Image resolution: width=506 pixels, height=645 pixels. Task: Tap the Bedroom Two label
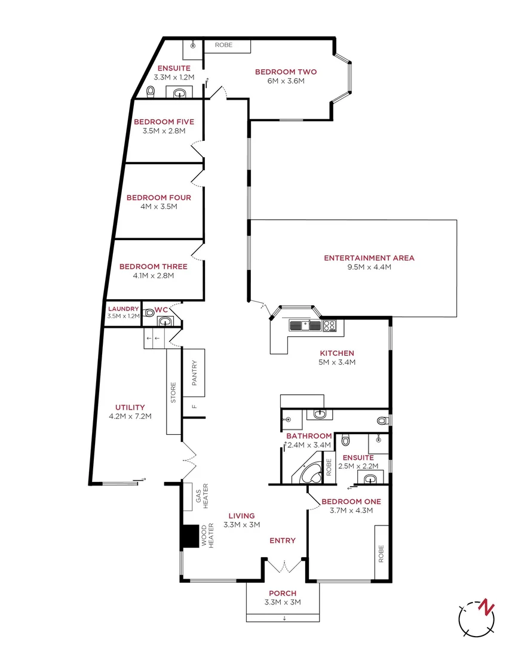pyautogui.click(x=286, y=72)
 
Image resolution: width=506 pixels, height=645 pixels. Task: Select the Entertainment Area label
pyautogui.click(x=369, y=258)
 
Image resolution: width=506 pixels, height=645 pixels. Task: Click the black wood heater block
pyautogui.click(x=191, y=536)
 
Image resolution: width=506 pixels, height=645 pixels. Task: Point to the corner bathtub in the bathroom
pyautogui.click(x=310, y=472)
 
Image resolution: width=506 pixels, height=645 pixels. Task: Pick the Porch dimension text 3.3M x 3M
pyautogui.click(x=283, y=602)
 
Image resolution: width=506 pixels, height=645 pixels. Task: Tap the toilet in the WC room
pyautogui.click(x=149, y=312)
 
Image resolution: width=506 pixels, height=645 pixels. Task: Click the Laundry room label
pyautogui.click(x=122, y=309)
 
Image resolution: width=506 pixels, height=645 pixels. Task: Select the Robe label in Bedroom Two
pyautogui.click(x=224, y=45)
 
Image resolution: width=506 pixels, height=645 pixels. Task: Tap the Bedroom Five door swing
pyautogui.click(x=197, y=148)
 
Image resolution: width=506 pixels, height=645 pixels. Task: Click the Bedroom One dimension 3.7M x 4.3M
pyautogui.click(x=351, y=510)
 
